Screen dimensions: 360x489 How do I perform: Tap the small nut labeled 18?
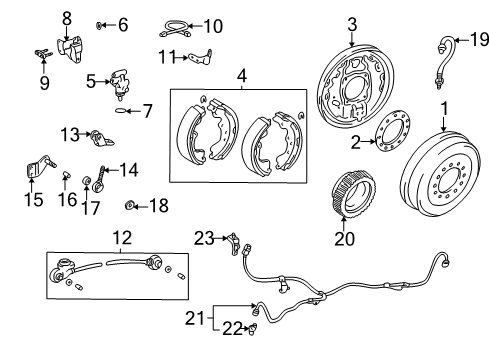(131, 205)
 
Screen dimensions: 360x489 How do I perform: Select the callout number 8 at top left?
(67, 17)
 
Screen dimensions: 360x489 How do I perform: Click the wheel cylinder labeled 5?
(120, 82)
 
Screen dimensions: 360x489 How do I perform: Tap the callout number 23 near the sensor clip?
(205, 237)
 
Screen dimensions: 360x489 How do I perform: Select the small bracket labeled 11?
(202, 60)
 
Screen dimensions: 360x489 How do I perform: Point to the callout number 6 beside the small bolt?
(123, 24)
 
